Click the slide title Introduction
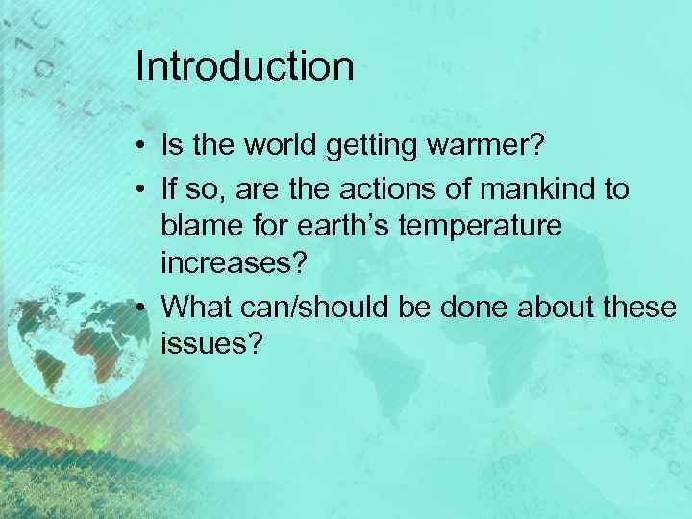tap(245, 67)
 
